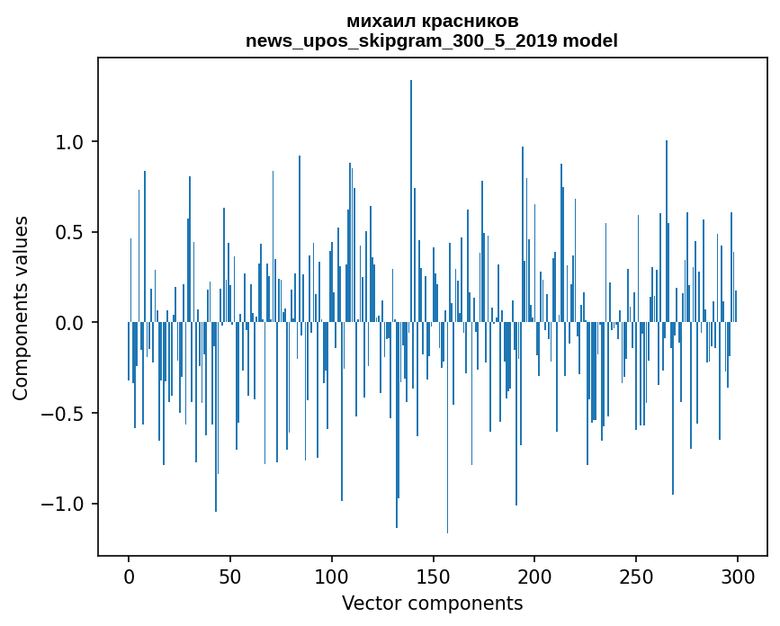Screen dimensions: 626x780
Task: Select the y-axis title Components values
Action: pyautogui.click(x=21, y=309)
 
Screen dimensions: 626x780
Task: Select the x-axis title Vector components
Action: pyautogui.click(x=432, y=604)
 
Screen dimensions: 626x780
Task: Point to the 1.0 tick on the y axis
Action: pyautogui.click(x=69, y=142)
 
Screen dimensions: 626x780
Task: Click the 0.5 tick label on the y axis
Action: pyautogui.click(x=69, y=233)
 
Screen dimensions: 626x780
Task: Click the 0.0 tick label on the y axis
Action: pyautogui.click(x=69, y=323)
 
